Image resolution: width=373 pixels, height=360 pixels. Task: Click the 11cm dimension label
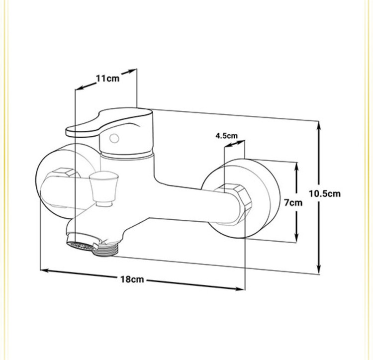pyautogui.click(x=107, y=78)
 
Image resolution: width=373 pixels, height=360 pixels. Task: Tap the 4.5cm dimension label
pyautogui.click(x=226, y=136)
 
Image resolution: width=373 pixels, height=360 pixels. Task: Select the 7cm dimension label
pyautogui.click(x=293, y=202)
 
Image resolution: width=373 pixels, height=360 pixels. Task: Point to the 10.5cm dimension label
pyautogui.click(x=325, y=193)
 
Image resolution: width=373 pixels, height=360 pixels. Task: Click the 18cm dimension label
pyautogui.click(x=132, y=279)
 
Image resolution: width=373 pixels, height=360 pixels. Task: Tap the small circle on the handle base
pyautogui.click(x=114, y=138)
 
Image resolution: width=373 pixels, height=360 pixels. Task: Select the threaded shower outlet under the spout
pyautogui.click(x=105, y=250)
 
